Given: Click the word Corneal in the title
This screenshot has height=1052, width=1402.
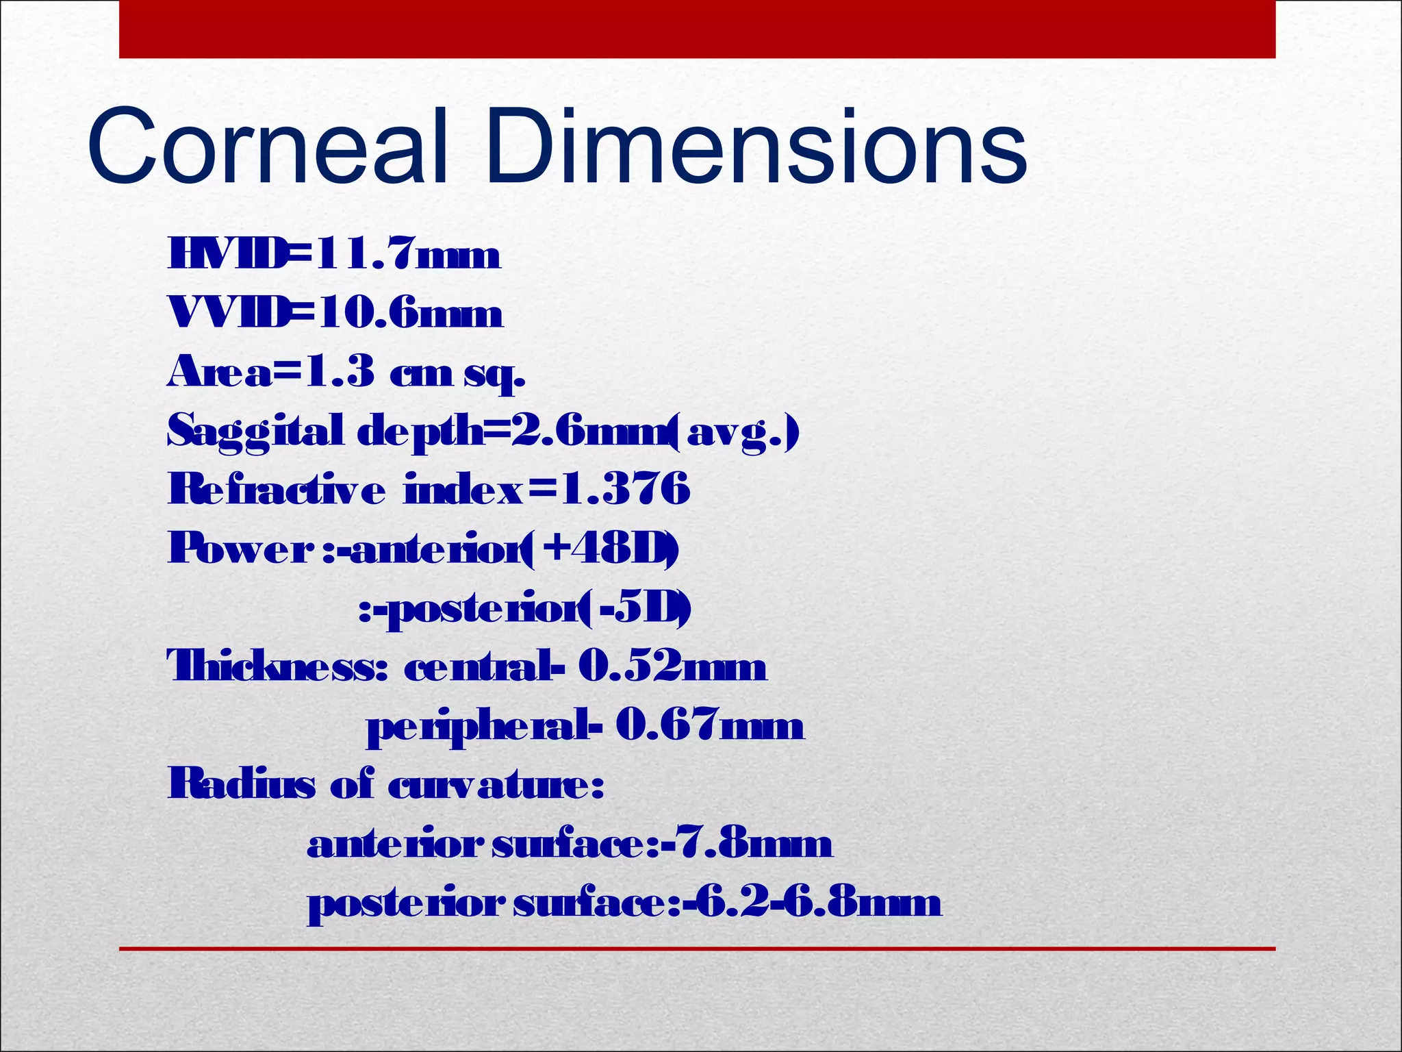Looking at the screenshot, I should [x=267, y=147].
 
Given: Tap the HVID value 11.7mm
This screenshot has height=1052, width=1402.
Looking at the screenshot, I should [x=407, y=255].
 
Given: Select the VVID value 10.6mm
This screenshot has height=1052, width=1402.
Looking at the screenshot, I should [x=411, y=314].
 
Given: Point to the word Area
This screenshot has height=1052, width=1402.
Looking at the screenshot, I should [x=219, y=373].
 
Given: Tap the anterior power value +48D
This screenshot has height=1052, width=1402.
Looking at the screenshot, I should [x=602, y=549].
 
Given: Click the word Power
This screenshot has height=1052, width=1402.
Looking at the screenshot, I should [x=240, y=549].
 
